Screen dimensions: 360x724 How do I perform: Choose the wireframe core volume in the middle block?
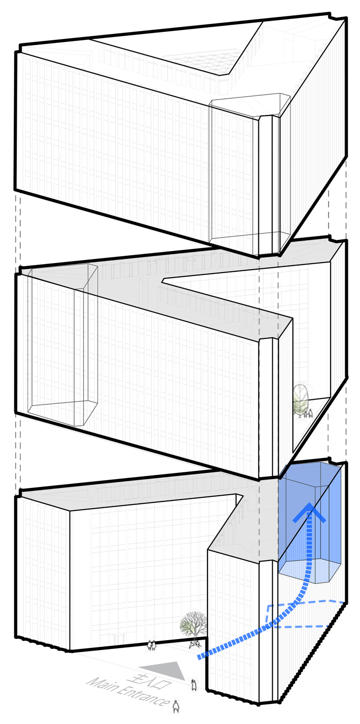[x=62, y=344]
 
